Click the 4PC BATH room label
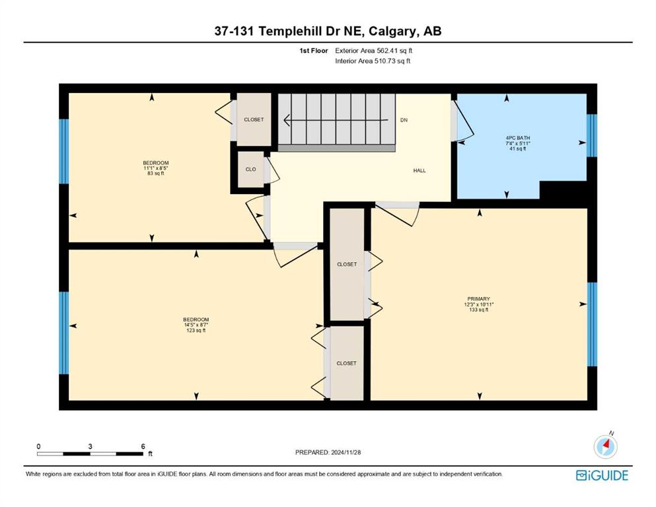click(517, 137)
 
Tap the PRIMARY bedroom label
click(478, 299)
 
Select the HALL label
click(419, 170)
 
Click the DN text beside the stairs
click(404, 120)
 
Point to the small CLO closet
click(250, 169)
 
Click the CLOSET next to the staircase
click(254, 119)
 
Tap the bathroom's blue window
click(591, 135)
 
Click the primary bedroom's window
click(592, 324)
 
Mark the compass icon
click(605, 446)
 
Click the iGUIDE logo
click(602, 476)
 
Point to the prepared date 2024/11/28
click(345, 452)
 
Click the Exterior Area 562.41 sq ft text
click(374, 51)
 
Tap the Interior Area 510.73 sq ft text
click(373, 61)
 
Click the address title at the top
click(328, 31)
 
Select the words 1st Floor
click(313, 51)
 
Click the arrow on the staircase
click(336, 120)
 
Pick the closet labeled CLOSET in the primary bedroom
click(347, 264)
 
